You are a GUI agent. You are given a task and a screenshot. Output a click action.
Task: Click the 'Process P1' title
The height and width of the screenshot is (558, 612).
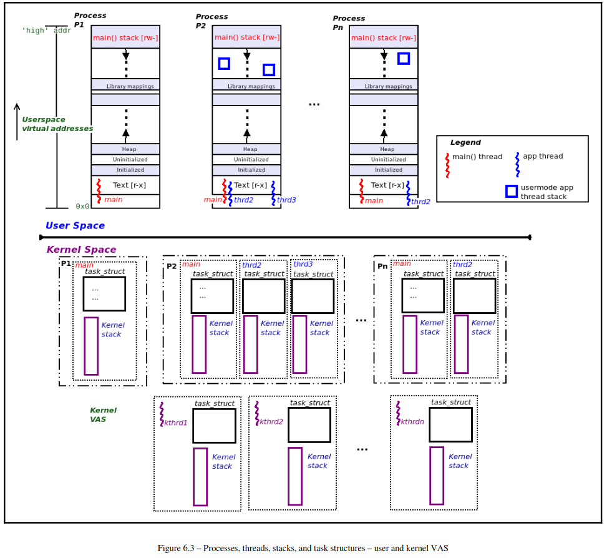pyautogui.click(x=90, y=19)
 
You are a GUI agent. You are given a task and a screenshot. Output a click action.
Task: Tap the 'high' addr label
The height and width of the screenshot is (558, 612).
pyautogui.click(x=46, y=30)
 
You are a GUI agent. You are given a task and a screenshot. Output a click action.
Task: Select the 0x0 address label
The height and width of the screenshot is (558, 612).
pyautogui.click(x=82, y=206)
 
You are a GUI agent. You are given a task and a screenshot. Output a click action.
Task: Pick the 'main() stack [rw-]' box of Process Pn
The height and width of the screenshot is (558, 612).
pyautogui.click(x=384, y=37)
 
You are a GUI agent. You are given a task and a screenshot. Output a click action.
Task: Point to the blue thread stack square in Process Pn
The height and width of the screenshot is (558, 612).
pyautogui.click(x=404, y=58)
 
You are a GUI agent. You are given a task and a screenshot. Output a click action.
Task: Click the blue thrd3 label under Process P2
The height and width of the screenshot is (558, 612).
pyautogui.click(x=286, y=200)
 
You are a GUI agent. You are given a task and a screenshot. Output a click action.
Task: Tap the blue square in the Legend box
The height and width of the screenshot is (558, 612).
pyautogui.click(x=512, y=191)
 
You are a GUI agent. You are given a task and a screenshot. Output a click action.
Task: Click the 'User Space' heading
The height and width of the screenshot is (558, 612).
pyautogui.click(x=75, y=225)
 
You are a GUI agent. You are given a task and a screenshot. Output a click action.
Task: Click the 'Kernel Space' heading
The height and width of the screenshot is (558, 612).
pyautogui.click(x=81, y=250)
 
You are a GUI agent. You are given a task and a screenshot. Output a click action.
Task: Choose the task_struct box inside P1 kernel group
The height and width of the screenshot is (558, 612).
pyautogui.click(x=104, y=293)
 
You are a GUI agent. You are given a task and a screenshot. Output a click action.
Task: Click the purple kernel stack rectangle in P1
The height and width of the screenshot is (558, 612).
pyautogui.click(x=91, y=346)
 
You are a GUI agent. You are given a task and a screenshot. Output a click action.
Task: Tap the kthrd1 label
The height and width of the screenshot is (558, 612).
pyautogui.click(x=175, y=423)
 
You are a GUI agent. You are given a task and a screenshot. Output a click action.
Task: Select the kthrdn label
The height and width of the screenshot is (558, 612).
pyautogui.click(x=412, y=421)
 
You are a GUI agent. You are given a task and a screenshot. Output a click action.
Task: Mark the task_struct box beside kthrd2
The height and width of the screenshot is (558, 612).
pyautogui.click(x=309, y=425)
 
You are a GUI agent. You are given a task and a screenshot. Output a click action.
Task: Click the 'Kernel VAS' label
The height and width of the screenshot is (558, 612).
pyautogui.click(x=103, y=414)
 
